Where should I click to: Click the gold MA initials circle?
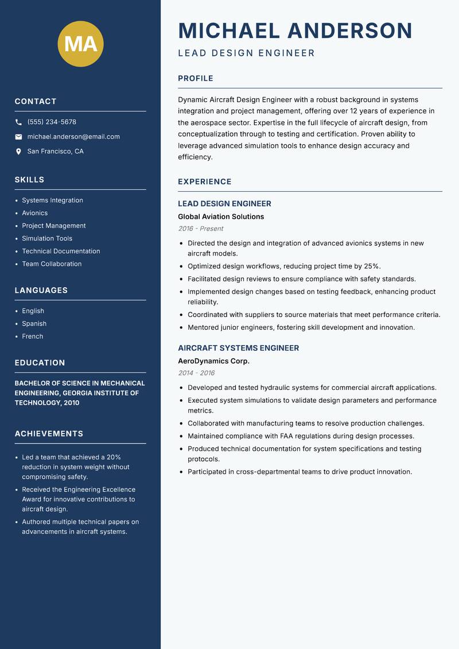point(80,44)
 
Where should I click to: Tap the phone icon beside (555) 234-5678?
point(18,122)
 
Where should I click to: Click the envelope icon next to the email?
point(18,137)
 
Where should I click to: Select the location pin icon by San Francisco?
point(18,152)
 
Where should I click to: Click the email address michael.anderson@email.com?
point(73,137)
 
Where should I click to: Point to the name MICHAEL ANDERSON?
point(295,31)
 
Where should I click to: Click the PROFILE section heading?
point(196,79)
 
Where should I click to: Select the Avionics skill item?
point(35,213)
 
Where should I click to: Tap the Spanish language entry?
point(34,324)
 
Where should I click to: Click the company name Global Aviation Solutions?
point(221,217)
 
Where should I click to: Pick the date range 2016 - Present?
point(200,229)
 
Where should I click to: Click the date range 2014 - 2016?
point(196,373)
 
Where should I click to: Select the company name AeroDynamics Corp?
point(213,361)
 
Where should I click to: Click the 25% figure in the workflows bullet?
point(372,266)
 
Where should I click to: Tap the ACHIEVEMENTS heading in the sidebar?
point(49,434)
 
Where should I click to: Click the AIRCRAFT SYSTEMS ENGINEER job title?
point(238,348)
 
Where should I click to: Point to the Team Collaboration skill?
point(52,264)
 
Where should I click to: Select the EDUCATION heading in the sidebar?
point(40,363)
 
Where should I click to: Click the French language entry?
point(33,337)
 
